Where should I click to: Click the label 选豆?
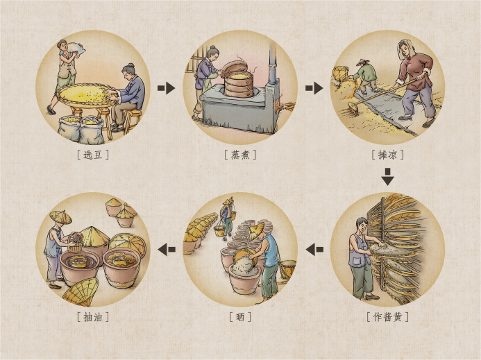92,155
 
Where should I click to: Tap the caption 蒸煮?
240,155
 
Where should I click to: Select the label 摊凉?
388,155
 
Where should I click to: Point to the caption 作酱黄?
388,316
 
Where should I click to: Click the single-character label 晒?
240,316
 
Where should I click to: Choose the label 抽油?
92,316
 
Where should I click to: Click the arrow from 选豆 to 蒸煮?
167,88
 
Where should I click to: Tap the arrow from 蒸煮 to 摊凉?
314,88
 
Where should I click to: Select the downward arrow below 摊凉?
388,177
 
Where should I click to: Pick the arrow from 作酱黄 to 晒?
314,249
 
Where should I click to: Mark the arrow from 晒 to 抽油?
167,249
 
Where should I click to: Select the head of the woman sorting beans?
128,71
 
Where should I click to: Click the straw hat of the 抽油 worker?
60,216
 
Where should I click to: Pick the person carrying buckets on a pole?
227,218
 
